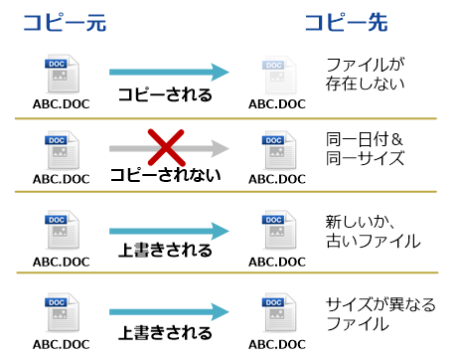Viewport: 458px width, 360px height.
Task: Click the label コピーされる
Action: [164, 94]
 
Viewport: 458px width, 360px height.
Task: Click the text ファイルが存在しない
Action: [366, 74]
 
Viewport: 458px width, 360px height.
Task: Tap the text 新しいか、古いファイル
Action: [373, 230]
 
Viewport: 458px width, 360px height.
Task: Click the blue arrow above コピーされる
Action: [168, 72]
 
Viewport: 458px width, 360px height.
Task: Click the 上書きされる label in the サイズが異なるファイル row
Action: [164, 332]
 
